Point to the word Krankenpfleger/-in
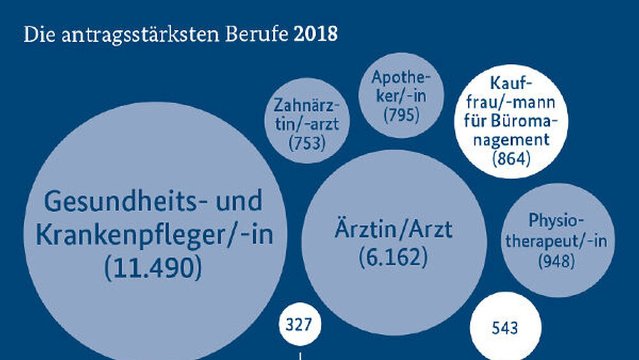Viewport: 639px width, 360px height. (x=154, y=235)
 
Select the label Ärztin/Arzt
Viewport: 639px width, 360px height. (x=393, y=228)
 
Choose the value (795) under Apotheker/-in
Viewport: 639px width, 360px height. (x=401, y=115)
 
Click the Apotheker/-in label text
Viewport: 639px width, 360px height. (x=401, y=88)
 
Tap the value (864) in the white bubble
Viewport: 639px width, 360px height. (x=512, y=157)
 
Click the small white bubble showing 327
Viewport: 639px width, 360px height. (x=300, y=324)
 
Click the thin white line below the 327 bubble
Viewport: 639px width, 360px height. (x=300, y=354)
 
